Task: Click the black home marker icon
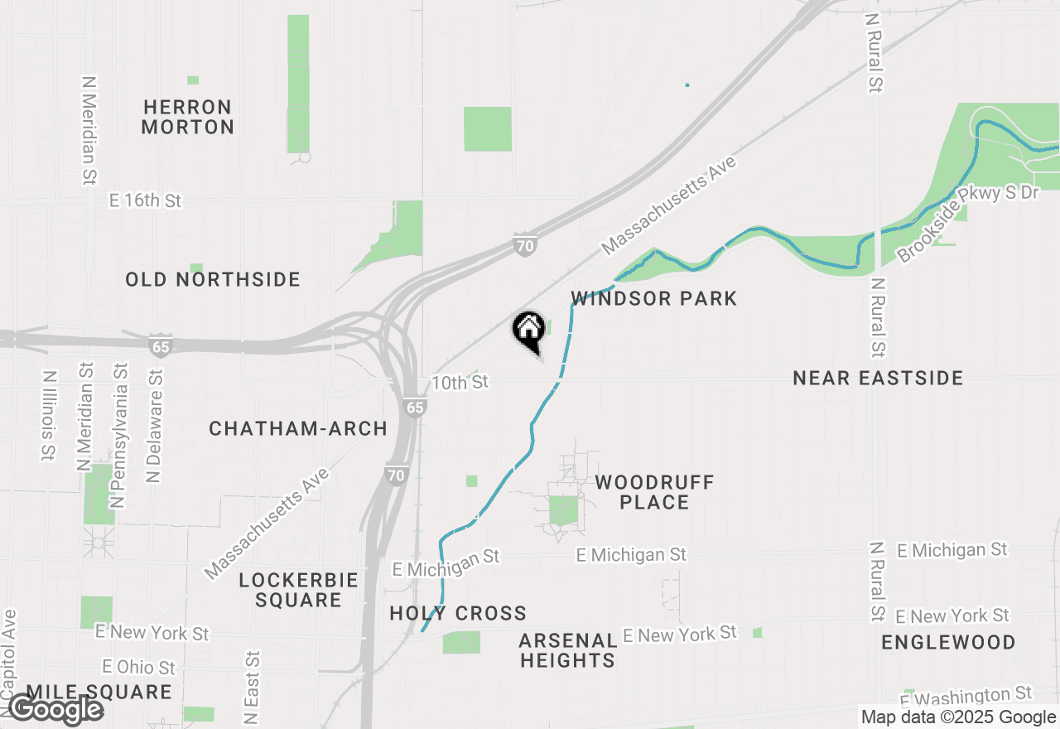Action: [528, 330]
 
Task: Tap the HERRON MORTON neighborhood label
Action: [188, 117]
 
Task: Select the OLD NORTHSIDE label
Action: [213, 280]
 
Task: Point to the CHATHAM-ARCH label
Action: [298, 428]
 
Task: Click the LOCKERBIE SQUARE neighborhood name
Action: [298, 590]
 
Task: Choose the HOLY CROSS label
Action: [458, 614]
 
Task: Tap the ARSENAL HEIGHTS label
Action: [568, 650]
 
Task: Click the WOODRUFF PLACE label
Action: [654, 492]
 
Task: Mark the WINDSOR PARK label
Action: [654, 298]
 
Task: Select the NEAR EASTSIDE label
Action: [878, 379]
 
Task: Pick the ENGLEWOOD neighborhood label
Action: [948, 643]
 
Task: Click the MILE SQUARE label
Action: [99, 693]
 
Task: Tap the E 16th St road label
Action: [146, 200]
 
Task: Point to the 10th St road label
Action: [460, 383]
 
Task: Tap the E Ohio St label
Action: [139, 667]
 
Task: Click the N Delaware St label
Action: [155, 427]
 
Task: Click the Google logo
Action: [55, 710]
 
